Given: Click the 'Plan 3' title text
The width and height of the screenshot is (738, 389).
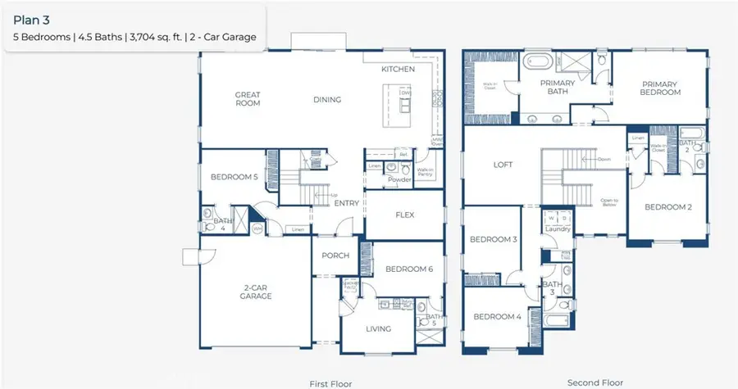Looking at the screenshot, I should (x=30, y=16).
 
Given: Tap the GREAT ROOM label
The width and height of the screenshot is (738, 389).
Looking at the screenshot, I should (x=248, y=99).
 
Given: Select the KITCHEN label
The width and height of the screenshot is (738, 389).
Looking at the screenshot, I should (x=398, y=70).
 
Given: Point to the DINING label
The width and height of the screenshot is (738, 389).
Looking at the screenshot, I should (x=326, y=100).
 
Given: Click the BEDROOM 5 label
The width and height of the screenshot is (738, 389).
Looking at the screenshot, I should (x=235, y=177).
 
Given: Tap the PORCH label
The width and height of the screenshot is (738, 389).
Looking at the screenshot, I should (x=335, y=256).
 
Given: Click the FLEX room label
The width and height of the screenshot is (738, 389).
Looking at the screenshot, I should (x=405, y=215).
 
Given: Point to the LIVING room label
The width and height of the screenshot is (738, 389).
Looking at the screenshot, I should (x=377, y=329).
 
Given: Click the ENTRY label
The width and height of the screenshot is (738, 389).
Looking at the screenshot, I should (x=348, y=204).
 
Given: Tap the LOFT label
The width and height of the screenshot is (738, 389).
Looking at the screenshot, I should (x=503, y=165).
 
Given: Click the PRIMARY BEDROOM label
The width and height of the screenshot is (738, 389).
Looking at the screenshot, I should (x=661, y=88).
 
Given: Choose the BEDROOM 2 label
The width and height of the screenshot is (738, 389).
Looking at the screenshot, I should (x=668, y=207).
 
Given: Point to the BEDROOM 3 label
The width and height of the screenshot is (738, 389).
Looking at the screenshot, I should (x=493, y=239).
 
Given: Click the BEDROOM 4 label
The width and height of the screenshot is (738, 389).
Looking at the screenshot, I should (x=496, y=316).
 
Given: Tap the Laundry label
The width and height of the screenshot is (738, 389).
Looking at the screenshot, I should (x=558, y=229).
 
